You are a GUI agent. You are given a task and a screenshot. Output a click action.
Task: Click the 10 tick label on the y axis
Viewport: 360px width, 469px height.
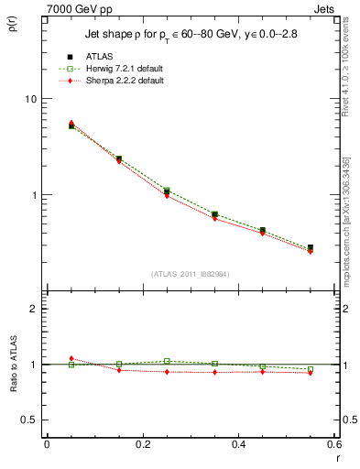point(31,99)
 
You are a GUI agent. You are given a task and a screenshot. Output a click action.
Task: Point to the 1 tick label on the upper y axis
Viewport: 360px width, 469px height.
point(35,195)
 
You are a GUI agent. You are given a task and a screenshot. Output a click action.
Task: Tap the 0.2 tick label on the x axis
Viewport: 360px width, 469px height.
point(142,443)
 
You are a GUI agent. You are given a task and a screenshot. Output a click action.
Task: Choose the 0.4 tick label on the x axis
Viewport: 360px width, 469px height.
point(238,443)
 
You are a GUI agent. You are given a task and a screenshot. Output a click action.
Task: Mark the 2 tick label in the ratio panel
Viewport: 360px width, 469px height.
point(35,309)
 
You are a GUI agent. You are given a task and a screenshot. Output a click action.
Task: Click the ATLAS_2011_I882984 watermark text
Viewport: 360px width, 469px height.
point(190,274)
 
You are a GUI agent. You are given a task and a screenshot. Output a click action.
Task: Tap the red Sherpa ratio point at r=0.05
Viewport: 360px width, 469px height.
point(71,358)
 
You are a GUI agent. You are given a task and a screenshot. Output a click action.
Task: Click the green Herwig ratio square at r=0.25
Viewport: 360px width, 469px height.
point(167,361)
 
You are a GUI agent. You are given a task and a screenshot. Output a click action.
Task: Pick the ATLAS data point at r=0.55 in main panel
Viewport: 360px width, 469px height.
point(311,247)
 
